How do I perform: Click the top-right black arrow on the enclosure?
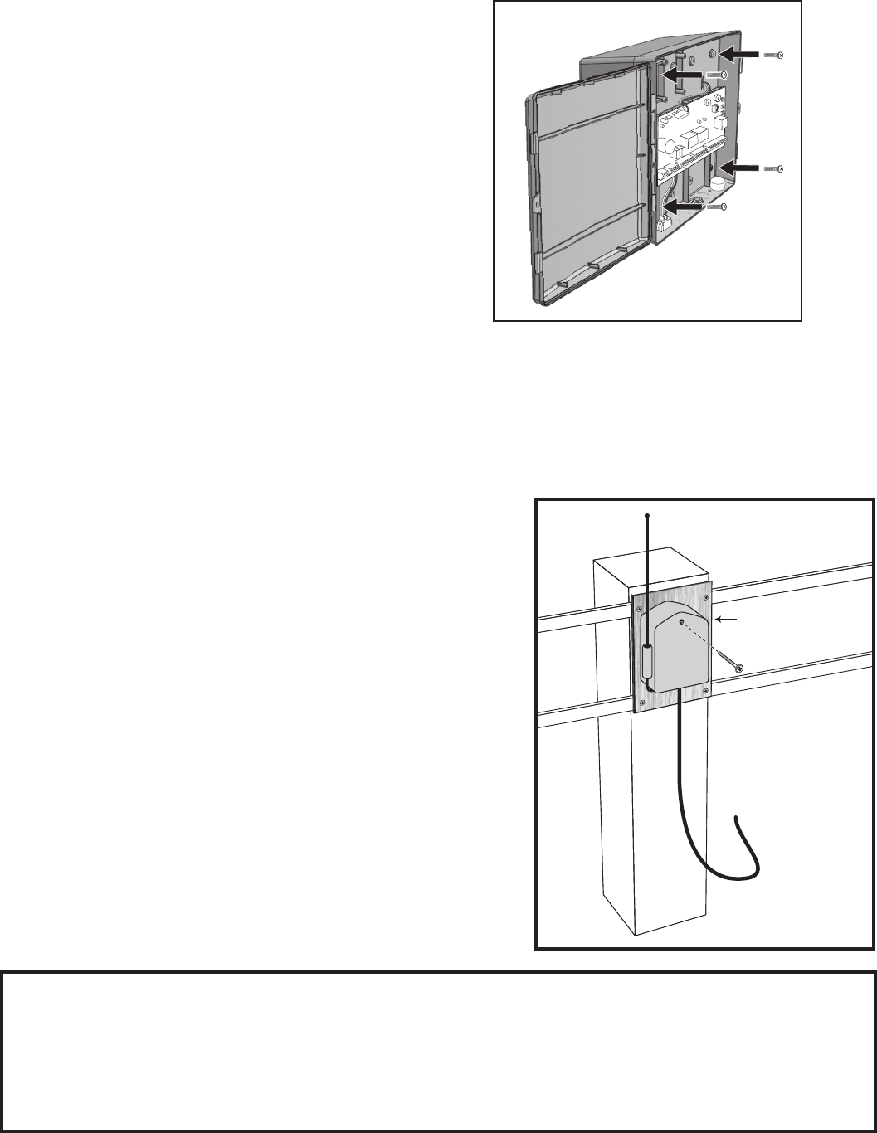pos(738,54)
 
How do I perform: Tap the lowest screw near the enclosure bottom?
pos(716,207)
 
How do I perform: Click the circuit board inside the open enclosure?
pos(692,133)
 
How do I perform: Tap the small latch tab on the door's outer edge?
pos(531,203)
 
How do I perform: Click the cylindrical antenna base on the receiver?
pos(647,661)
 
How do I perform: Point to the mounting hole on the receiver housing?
pos(680,620)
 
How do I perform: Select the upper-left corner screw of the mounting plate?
pos(640,612)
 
